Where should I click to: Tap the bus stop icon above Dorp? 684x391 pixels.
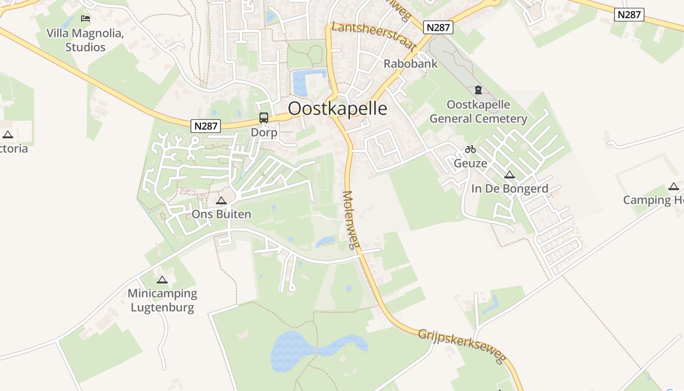[264, 117]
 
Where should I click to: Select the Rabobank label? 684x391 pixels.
[410, 64]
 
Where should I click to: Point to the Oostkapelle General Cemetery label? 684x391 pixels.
[478, 112]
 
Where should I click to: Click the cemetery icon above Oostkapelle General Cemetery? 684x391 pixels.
[478, 90]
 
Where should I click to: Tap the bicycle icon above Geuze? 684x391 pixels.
[470, 149]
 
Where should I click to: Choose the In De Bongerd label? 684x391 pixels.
[510, 189]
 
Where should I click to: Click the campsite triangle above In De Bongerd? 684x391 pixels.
[510, 174]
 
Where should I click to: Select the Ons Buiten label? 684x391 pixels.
[221, 214]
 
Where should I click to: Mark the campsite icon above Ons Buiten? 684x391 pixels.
[221, 200]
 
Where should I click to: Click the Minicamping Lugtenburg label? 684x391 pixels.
[162, 301]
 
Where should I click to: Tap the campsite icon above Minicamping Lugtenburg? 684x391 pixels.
[162, 280]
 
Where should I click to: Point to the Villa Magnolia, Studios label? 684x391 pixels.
[85, 40]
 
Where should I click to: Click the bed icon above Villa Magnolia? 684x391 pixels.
[86, 19]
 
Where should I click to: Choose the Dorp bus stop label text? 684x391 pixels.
[264, 132]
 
